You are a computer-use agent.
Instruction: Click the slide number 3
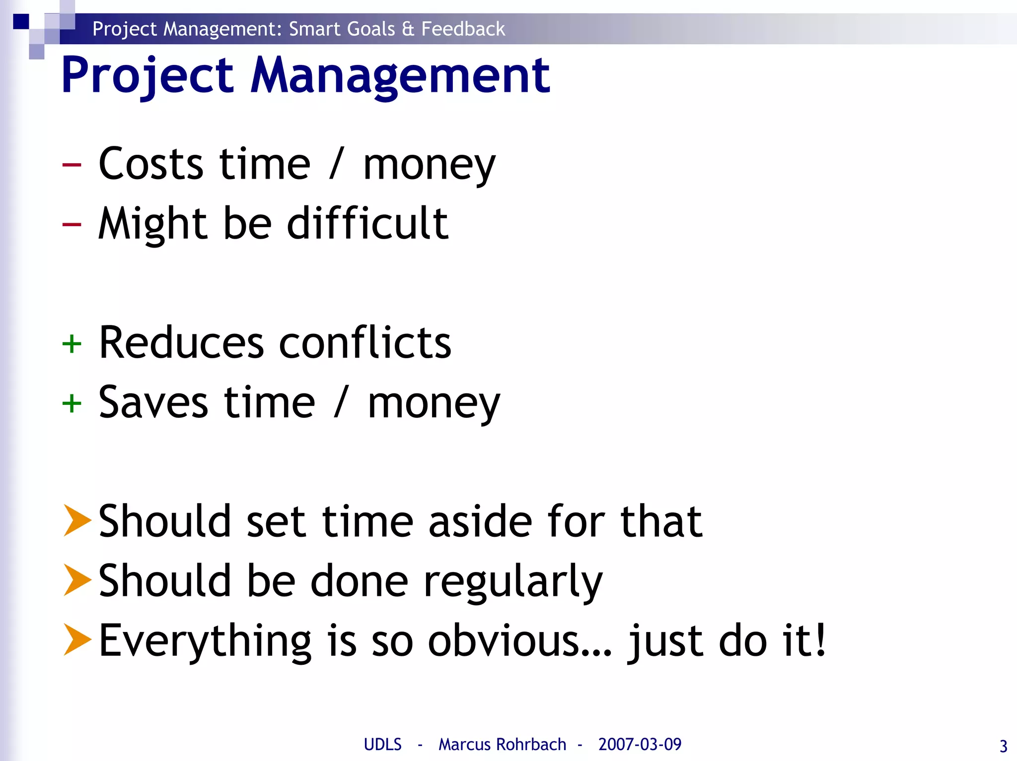pyautogui.click(x=1003, y=746)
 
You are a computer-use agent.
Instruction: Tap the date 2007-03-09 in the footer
pyautogui.click(x=640, y=744)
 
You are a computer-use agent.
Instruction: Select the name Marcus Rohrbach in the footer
pyautogui.click(x=502, y=744)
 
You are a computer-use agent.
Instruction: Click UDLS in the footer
pyautogui.click(x=382, y=744)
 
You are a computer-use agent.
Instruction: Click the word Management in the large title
pyautogui.click(x=400, y=75)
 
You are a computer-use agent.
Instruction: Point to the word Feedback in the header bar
pyautogui.click(x=463, y=29)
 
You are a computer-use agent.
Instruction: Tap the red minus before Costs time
pyautogui.click(x=72, y=165)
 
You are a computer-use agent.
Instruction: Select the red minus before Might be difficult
pyautogui.click(x=72, y=224)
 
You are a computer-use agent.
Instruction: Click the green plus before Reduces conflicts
pyautogui.click(x=72, y=343)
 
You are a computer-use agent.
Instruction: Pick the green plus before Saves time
pyautogui.click(x=72, y=403)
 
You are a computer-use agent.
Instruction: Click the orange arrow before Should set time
pyautogui.click(x=77, y=520)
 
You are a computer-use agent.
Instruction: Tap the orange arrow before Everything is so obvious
pyautogui.click(x=77, y=639)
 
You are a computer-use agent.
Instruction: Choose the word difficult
pyautogui.click(x=368, y=223)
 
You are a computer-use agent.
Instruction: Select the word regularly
pyautogui.click(x=512, y=581)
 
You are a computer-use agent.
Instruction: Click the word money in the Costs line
pyautogui.click(x=429, y=166)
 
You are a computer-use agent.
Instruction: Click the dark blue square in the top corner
pyautogui.click(x=21, y=22)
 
